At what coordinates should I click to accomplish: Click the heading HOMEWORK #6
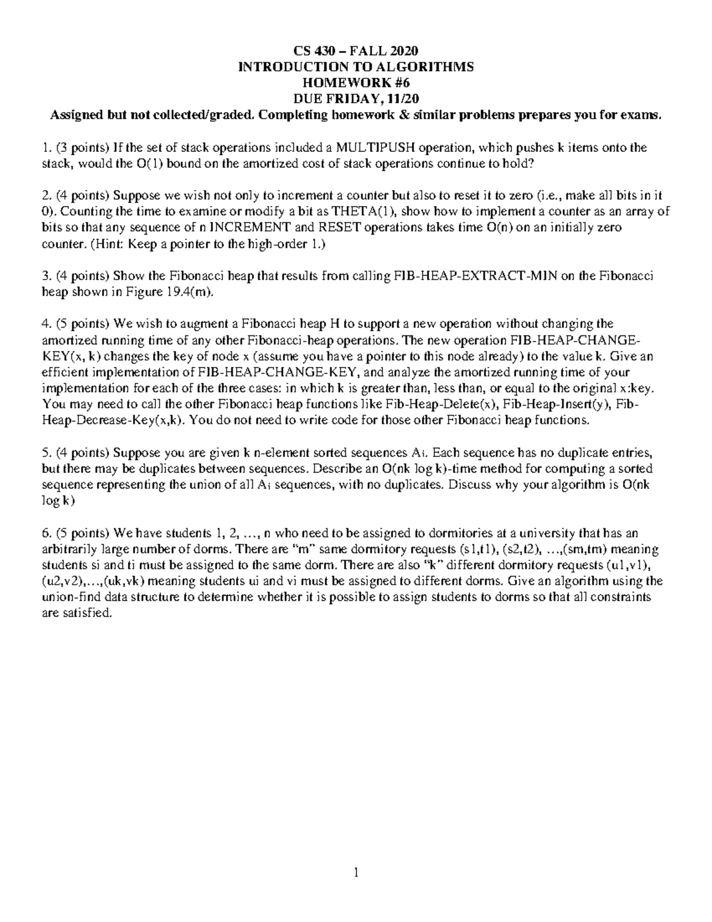click(355, 83)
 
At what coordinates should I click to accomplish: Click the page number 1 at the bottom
click(355, 873)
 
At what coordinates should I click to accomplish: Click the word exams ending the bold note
click(643, 115)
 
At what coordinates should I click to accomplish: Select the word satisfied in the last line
click(87, 613)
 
